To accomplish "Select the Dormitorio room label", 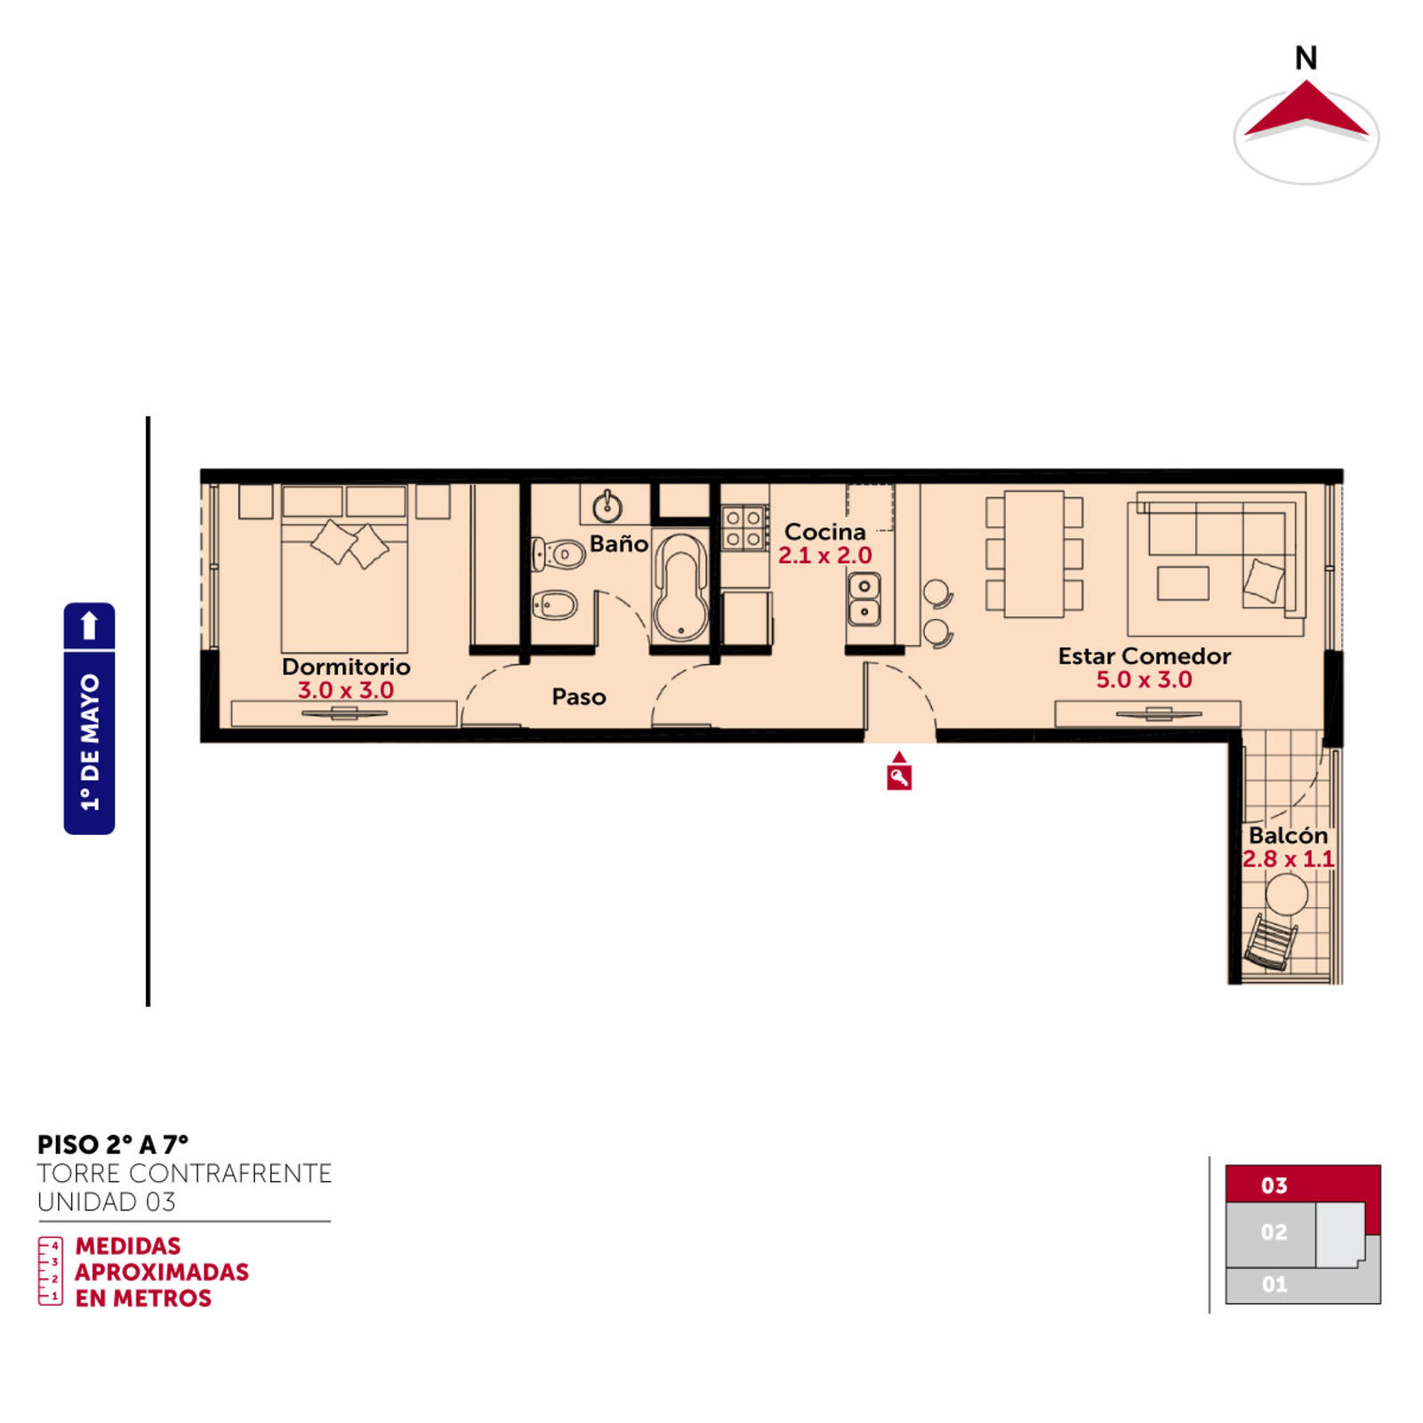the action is pyautogui.click(x=346, y=666).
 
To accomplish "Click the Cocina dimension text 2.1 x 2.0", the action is pyautogui.click(x=824, y=556).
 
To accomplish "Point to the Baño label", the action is pyautogui.click(x=619, y=543).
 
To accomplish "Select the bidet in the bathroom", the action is pyautogui.click(x=554, y=607).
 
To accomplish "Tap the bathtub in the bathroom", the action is pyautogui.click(x=680, y=587).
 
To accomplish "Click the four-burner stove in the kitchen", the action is pyautogui.click(x=744, y=527).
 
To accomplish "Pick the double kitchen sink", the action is pyautogui.click(x=864, y=599).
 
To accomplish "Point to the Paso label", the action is pyautogui.click(x=579, y=696).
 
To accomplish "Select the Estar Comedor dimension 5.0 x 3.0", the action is pyautogui.click(x=1144, y=679).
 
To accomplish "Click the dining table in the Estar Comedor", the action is pyautogui.click(x=1034, y=553).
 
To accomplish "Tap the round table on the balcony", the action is pyautogui.click(x=1286, y=894).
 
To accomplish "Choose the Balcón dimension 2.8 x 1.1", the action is pyautogui.click(x=1289, y=859).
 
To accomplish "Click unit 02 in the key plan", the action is pyautogui.click(x=1274, y=1232).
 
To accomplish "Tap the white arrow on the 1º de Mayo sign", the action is pyautogui.click(x=89, y=625).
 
